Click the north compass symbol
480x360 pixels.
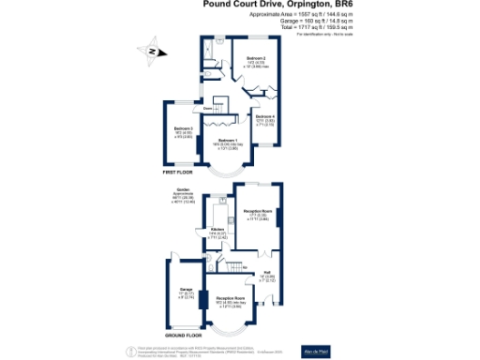pyautogui.click(x=149, y=53)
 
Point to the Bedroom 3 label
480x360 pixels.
pyautogui.click(x=184, y=128)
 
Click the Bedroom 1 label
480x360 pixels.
pyautogui.click(x=228, y=140)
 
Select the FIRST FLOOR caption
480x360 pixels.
pyautogui.click(x=179, y=172)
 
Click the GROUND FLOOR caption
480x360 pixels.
pyautogui.click(x=183, y=335)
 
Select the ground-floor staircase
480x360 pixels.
pyautogui.click(x=233, y=265)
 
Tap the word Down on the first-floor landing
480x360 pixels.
pyautogui.click(x=194, y=110)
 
